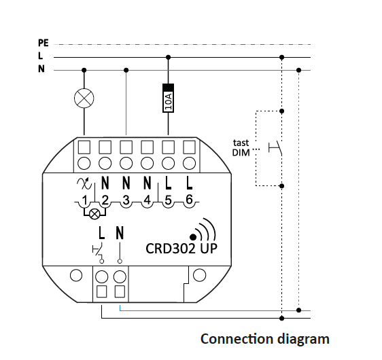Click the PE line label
click(x=44, y=43)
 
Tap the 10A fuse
click(x=168, y=98)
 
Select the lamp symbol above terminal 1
click(x=84, y=98)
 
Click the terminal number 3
click(x=126, y=200)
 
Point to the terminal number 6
click(x=189, y=199)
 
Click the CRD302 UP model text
click(x=181, y=249)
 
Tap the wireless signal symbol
click(x=203, y=230)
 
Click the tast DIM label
click(x=241, y=147)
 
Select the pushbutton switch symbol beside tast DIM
click(x=275, y=147)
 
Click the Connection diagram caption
click(x=265, y=339)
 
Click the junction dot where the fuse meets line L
click(x=168, y=58)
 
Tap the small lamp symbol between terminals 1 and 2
click(x=94, y=215)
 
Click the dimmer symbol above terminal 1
click(x=84, y=183)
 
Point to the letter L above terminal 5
click(x=168, y=183)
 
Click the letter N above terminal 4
click(x=147, y=183)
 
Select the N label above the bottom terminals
click(x=120, y=233)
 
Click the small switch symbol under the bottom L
click(x=99, y=252)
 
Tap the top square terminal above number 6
click(x=189, y=147)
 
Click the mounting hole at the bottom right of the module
click(x=199, y=275)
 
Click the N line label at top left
click(x=41, y=69)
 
